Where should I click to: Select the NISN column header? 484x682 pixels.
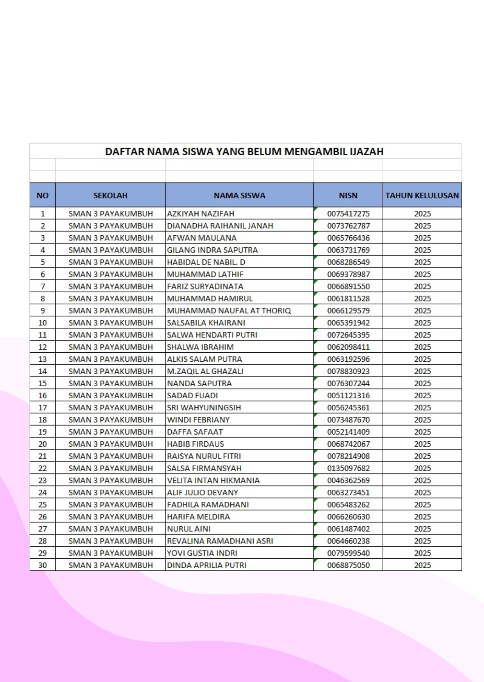(348, 195)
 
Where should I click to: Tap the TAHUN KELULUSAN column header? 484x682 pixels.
(422, 195)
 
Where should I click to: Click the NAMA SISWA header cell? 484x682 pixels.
(239, 195)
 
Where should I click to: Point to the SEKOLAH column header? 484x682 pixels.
(110, 195)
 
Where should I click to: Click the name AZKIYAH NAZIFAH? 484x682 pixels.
(201, 214)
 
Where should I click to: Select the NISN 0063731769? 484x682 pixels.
(348, 250)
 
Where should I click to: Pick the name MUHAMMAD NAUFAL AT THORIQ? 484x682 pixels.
(229, 311)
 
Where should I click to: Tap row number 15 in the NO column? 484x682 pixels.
(43, 384)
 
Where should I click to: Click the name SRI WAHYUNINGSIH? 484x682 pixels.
(204, 408)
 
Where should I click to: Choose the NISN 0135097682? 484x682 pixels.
(348, 468)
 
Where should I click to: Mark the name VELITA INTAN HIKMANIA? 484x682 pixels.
(213, 480)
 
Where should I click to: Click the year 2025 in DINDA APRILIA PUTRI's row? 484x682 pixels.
(422, 565)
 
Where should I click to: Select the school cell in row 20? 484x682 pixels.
(110, 444)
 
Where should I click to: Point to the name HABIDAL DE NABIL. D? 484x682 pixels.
(206, 262)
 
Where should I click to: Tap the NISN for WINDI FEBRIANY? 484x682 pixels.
(348, 420)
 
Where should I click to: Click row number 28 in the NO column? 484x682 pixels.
(43, 541)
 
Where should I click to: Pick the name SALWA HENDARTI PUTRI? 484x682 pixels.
(212, 335)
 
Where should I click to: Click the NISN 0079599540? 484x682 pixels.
(348, 553)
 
